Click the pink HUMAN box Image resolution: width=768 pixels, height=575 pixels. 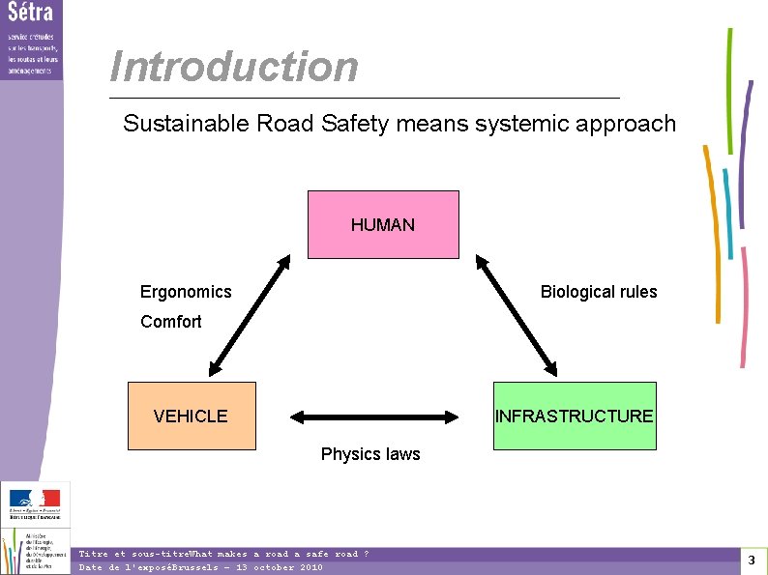(x=383, y=224)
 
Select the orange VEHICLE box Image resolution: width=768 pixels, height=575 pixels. (x=192, y=416)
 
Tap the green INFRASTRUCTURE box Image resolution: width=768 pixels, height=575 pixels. (x=575, y=416)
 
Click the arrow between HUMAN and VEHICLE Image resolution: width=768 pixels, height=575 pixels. (x=250, y=315)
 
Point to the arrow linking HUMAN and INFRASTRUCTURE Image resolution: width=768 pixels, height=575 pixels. (x=516, y=315)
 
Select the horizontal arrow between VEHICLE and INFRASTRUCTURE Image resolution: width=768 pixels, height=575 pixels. (x=374, y=417)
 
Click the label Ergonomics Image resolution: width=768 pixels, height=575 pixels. (x=186, y=292)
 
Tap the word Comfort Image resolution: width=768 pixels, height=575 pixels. (x=171, y=322)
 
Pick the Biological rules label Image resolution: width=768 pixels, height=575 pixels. (x=598, y=292)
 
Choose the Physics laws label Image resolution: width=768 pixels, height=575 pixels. (x=370, y=454)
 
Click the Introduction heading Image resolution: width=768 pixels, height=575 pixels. (x=234, y=67)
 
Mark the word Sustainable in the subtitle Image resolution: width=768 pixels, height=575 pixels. (x=185, y=124)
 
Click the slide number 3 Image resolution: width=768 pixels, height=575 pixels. (x=751, y=561)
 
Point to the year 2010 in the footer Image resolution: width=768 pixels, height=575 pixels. (x=311, y=567)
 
